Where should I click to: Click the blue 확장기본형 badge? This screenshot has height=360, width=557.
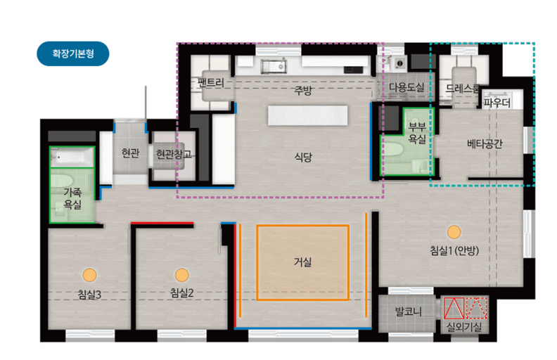[73, 53]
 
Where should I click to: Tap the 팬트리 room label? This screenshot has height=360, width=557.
[211, 83]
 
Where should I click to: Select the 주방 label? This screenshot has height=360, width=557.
[303, 90]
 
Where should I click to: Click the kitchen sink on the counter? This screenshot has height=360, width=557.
[274, 66]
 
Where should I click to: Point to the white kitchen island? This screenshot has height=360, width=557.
[307, 115]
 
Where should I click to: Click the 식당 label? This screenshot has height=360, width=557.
[303, 157]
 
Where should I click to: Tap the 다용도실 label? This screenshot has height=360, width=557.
[406, 87]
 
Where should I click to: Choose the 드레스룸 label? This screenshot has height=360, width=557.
[462, 89]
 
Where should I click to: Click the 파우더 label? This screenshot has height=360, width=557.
[497, 103]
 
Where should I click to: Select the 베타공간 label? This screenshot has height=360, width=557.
[485, 143]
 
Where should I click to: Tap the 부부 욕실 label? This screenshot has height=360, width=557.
[417, 133]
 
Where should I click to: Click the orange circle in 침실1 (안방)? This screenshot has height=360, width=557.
[454, 232]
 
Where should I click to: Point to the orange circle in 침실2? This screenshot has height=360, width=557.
[182, 275]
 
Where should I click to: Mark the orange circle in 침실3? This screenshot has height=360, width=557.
[89, 275]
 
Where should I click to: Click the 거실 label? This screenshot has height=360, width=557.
[302, 262]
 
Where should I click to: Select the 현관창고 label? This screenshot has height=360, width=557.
[174, 154]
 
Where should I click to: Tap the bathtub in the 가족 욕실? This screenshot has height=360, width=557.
[72, 156]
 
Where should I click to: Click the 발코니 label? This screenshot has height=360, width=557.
[409, 311]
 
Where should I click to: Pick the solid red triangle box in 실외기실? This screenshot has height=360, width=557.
[454, 308]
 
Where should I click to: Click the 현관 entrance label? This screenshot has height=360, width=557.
[130, 153]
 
